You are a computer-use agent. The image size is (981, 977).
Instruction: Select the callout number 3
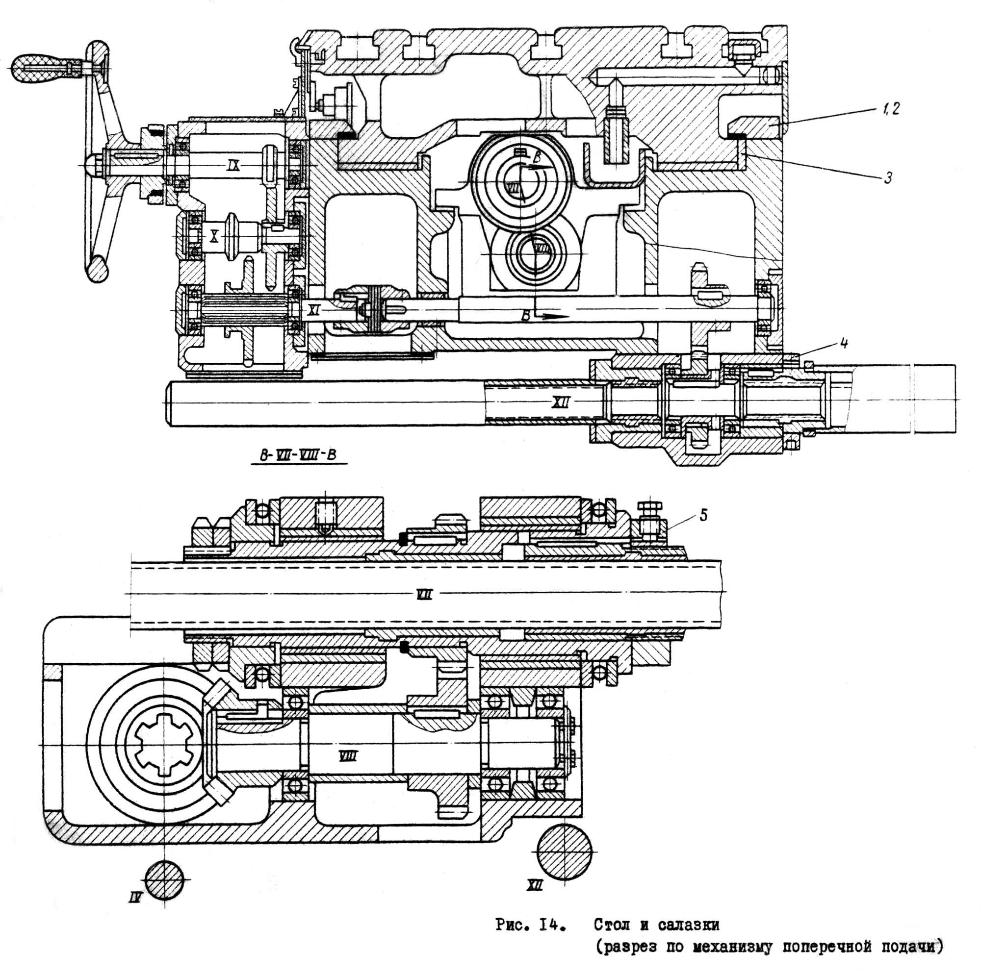(888, 177)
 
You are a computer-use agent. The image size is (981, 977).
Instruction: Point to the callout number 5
(703, 515)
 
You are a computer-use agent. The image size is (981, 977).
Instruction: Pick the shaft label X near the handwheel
(214, 235)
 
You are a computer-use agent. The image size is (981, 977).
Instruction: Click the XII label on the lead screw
(561, 402)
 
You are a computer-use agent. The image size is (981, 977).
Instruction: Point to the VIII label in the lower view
(348, 757)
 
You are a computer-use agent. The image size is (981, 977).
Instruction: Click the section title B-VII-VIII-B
(298, 455)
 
